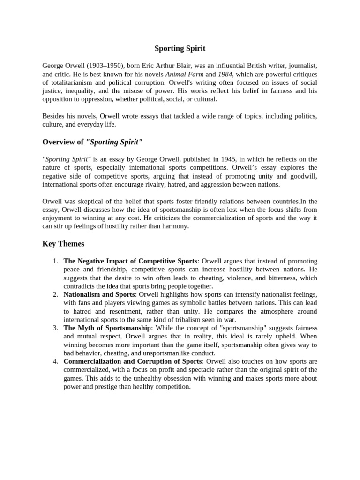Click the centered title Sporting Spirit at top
point(180,48)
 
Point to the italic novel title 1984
point(225,75)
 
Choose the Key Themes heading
point(63,244)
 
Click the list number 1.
point(55,261)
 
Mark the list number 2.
point(55,294)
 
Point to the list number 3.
point(55,328)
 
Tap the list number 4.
point(55,361)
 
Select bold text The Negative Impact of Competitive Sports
point(131,261)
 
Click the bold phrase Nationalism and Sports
point(99,294)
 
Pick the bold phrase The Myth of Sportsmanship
point(107,328)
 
